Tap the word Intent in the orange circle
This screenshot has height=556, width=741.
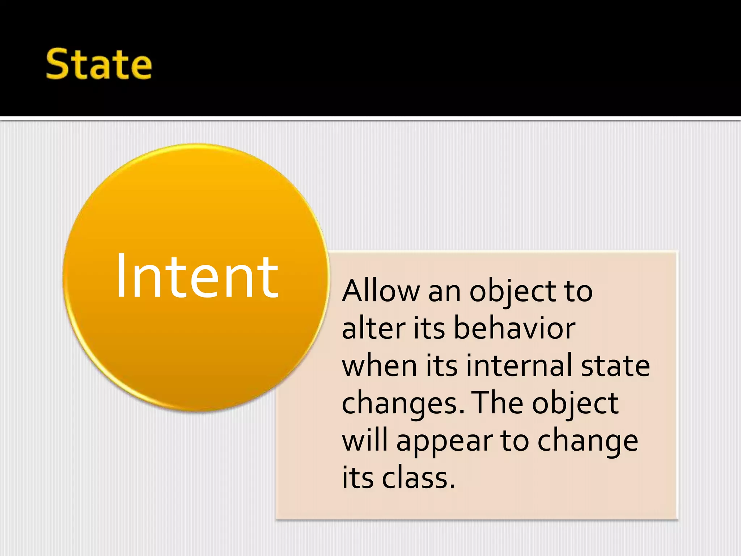(197, 276)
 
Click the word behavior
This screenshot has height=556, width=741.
(514, 328)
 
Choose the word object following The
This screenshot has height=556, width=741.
(575, 404)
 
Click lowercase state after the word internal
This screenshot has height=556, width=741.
(615, 366)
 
